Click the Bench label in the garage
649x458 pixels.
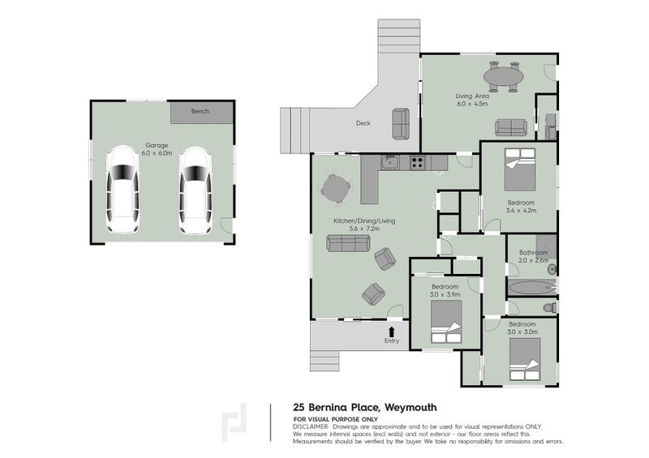(199, 111)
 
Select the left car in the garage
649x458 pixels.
(123, 190)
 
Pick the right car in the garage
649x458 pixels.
(194, 190)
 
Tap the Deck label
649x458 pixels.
(363, 124)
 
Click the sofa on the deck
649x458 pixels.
(401, 123)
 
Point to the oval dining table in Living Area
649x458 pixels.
(503, 78)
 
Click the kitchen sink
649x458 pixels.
(389, 162)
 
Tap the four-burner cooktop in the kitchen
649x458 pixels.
(418, 162)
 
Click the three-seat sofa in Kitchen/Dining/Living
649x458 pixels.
(345, 242)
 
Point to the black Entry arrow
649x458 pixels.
(392, 332)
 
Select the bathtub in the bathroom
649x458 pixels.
(528, 287)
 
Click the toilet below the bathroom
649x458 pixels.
(549, 307)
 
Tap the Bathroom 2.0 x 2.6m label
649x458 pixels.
(533, 256)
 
